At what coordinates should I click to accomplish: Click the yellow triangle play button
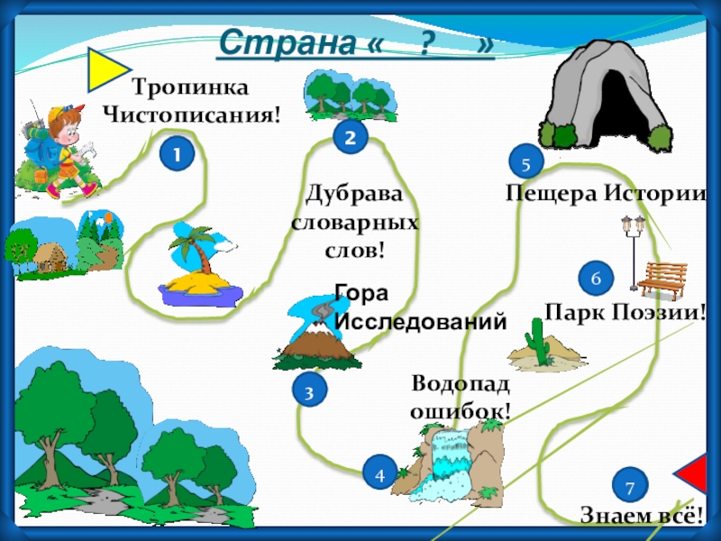click(x=105, y=71)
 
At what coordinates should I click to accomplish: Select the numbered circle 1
click(x=177, y=155)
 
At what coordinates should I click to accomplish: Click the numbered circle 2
click(x=350, y=137)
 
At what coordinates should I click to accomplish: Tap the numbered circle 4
click(x=379, y=473)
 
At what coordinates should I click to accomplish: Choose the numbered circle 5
click(x=526, y=162)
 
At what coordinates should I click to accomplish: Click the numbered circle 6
click(x=596, y=279)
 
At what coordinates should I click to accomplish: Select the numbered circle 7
click(x=630, y=487)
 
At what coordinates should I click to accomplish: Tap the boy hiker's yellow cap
click(x=61, y=115)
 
